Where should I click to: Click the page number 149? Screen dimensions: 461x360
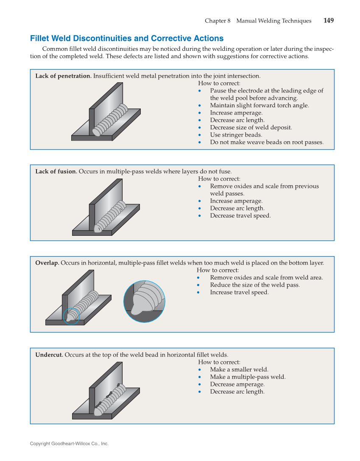click(328, 21)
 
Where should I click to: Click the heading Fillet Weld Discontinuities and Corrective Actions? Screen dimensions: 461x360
click(126, 39)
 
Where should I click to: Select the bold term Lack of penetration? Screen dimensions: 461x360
click(63, 76)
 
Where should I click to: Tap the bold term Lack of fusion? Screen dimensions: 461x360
click(56, 171)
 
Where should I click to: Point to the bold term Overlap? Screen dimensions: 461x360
click(47, 263)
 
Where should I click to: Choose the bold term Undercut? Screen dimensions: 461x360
click(49, 355)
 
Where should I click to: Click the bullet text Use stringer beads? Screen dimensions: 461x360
click(236, 135)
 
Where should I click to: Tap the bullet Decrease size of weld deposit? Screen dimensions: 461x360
click(251, 127)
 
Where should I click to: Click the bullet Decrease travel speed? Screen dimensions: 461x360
click(240, 215)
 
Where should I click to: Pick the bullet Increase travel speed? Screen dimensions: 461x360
click(239, 292)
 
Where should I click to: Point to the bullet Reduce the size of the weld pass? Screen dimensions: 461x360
click(254, 285)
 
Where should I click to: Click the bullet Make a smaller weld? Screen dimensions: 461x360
click(239, 369)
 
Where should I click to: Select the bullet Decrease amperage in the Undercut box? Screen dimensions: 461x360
click(237, 384)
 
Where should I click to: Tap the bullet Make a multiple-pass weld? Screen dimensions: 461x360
click(248, 377)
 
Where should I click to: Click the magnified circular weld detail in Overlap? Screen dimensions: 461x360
click(144, 302)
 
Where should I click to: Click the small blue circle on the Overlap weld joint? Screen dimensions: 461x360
click(71, 316)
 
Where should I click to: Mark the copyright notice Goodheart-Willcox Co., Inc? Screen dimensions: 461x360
click(69, 444)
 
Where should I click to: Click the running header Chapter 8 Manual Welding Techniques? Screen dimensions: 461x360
click(258, 21)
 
